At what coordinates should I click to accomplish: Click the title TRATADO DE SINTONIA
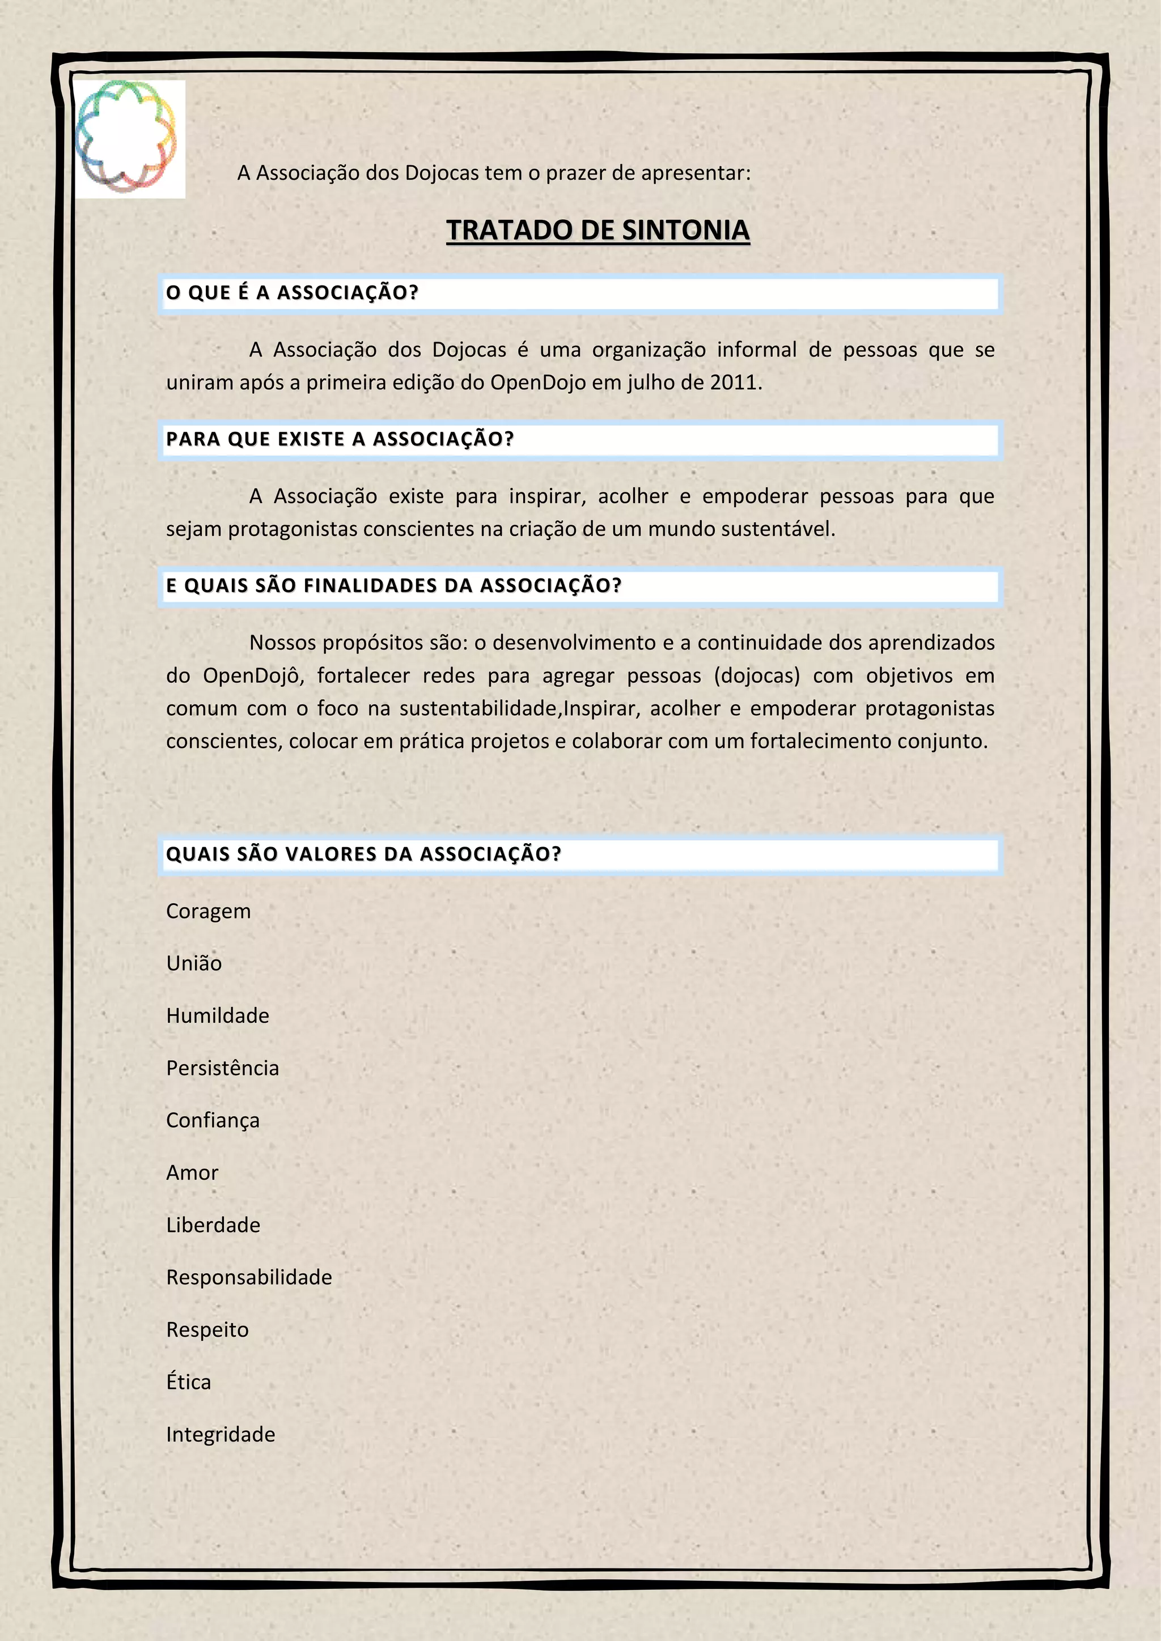pos(598,230)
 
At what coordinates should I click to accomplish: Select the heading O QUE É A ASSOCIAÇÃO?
pos(292,293)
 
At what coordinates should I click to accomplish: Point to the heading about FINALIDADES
pos(393,586)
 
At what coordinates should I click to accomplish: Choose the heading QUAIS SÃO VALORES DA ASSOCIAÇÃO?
pos(363,854)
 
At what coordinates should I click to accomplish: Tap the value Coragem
pos(208,911)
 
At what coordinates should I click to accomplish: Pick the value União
pos(194,963)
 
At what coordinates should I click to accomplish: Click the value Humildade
pos(217,1015)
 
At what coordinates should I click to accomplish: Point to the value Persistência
pos(222,1068)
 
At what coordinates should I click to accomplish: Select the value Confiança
pos(213,1120)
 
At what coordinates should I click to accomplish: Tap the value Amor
pos(192,1173)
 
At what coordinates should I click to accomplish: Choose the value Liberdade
pos(213,1225)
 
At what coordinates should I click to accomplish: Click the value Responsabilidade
pos(249,1277)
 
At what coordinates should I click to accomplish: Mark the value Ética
pos(189,1381)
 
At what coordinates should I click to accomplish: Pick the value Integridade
pos(220,1434)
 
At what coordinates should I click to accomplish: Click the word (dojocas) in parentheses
pos(756,676)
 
